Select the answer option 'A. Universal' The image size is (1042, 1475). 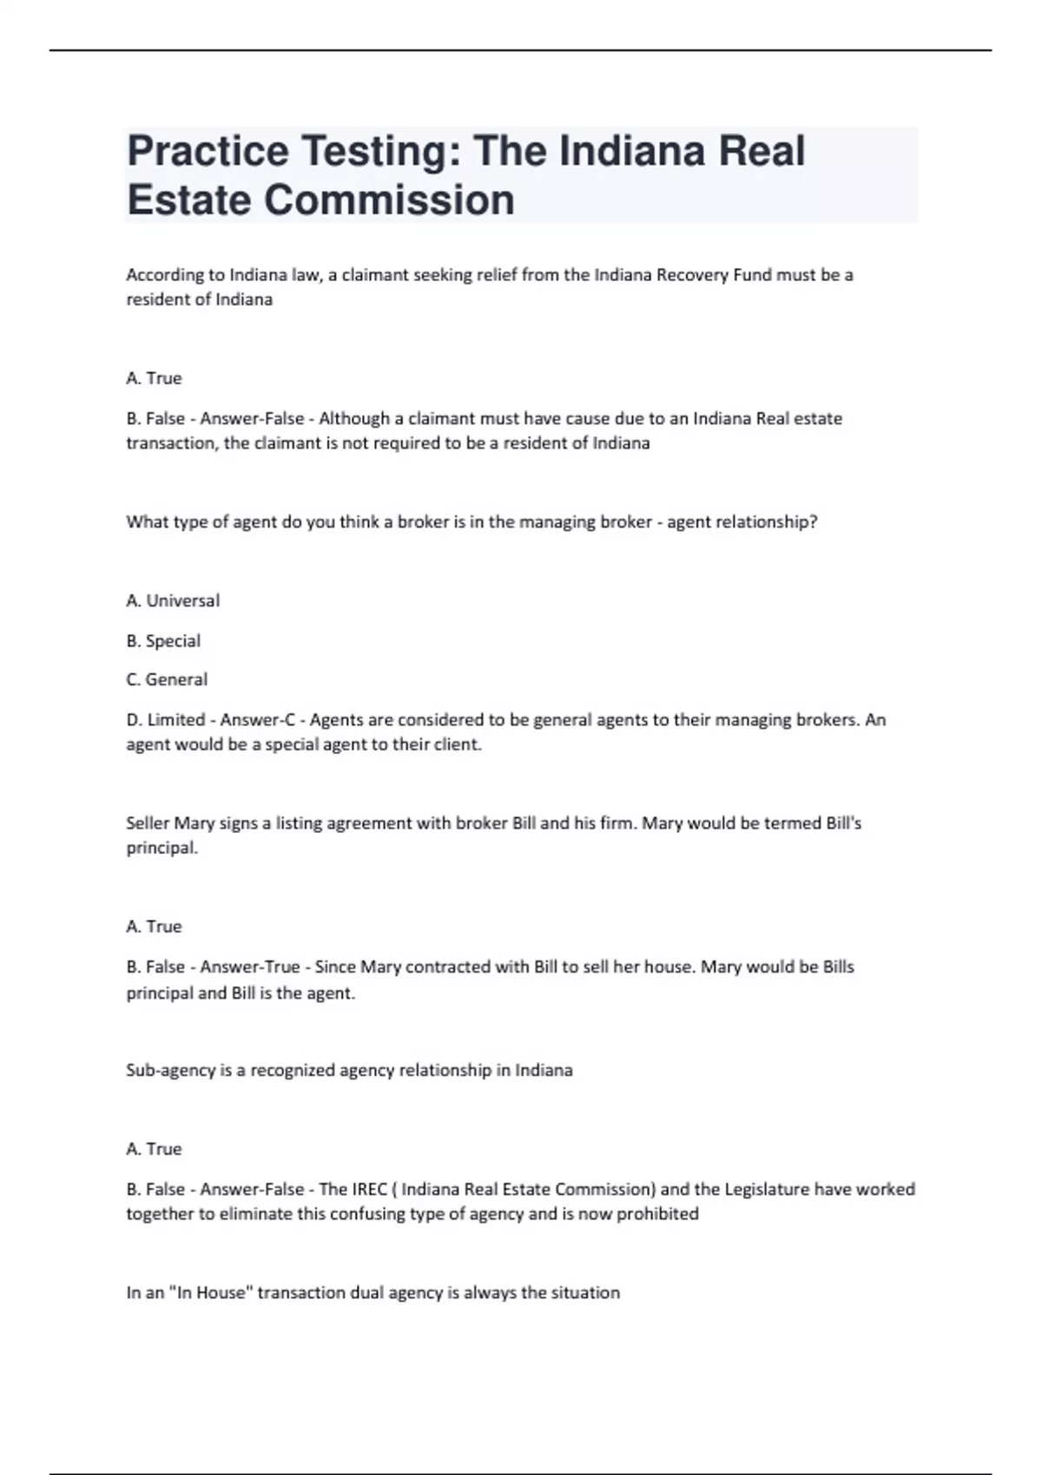click(173, 600)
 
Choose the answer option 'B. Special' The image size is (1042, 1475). click(163, 640)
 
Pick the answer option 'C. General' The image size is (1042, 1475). click(167, 679)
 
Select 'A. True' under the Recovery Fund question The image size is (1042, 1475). click(154, 378)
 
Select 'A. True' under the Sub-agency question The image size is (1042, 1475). click(154, 1149)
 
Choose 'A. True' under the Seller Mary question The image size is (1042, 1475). click(154, 927)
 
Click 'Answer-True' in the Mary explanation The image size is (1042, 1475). click(250, 967)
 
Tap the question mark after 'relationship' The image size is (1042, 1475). click(813, 522)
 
